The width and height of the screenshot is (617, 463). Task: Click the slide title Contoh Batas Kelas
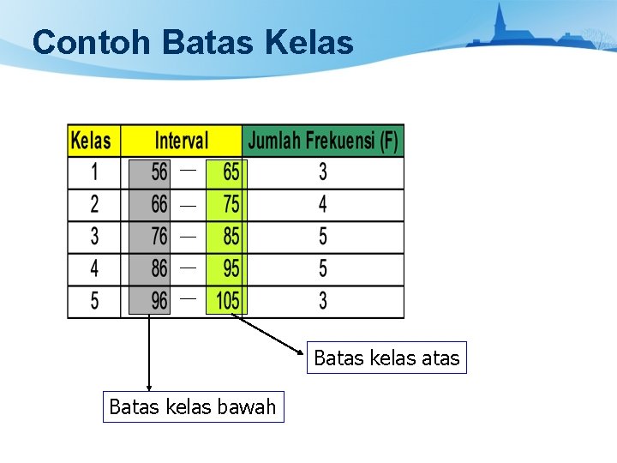(x=193, y=42)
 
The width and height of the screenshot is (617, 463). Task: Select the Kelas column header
(x=91, y=141)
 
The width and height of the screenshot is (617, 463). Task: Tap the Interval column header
(x=181, y=141)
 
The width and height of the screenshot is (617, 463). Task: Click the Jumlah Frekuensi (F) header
(x=323, y=141)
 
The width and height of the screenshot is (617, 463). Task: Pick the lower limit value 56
(x=159, y=172)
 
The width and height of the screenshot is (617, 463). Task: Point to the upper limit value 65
(x=231, y=172)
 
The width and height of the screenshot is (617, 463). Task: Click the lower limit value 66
(x=159, y=204)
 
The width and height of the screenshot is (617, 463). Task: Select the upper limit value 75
(x=231, y=204)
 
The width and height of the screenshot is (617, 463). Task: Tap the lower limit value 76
(x=159, y=236)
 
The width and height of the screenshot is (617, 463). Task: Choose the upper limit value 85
(x=231, y=236)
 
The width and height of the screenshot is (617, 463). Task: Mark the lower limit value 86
(x=159, y=268)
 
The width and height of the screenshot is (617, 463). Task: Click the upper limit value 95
(x=231, y=268)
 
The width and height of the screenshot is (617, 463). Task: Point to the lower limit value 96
(x=159, y=301)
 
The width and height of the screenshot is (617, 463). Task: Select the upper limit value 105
(x=227, y=301)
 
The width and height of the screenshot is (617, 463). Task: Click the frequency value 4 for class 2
(x=323, y=204)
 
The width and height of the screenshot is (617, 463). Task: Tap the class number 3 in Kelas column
(x=94, y=236)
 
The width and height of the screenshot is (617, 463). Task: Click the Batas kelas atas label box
(x=386, y=358)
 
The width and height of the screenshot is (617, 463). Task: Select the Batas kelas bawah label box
(x=193, y=406)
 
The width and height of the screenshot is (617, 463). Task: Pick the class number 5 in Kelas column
(x=94, y=301)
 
